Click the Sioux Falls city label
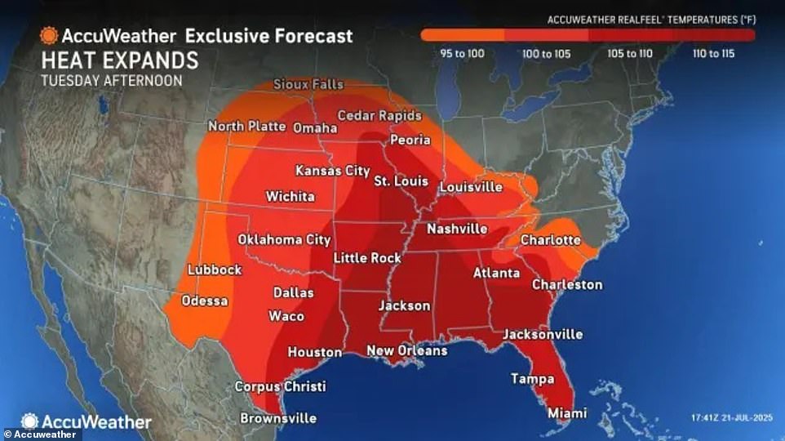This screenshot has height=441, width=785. click(308, 85)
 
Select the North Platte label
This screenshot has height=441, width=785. click(246, 127)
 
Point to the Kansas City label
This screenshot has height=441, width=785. click(332, 171)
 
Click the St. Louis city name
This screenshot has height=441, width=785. click(401, 180)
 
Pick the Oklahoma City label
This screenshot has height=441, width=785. click(284, 240)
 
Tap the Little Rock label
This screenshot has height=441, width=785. click(367, 258)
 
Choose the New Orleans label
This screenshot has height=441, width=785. click(406, 351)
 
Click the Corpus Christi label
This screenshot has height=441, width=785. click(280, 386)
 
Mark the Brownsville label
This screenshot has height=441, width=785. click(277, 418)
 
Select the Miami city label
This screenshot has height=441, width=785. click(566, 413)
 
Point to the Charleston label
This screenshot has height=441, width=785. click(566, 285)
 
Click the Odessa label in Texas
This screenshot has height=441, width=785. click(204, 301)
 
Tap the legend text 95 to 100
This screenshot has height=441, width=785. click(463, 54)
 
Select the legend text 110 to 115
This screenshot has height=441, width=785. click(713, 54)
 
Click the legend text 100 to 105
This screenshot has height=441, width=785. click(546, 54)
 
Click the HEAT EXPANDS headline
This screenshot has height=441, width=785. click(119, 61)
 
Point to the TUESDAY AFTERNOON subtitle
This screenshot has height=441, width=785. click(111, 81)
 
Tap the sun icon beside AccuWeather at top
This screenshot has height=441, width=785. click(48, 36)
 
